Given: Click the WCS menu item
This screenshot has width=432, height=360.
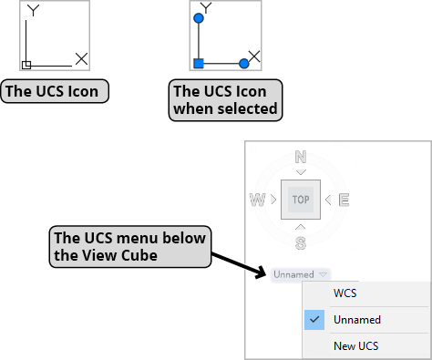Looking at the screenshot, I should pos(345,294).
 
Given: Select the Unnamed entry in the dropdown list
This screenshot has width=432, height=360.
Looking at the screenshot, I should pos(356,320).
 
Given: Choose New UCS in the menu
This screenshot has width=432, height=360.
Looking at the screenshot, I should pos(356,346).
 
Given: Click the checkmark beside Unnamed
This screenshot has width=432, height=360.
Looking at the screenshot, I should pos(314,320).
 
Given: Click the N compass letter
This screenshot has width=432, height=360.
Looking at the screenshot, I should pos(300,158).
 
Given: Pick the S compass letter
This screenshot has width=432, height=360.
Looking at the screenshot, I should pos(300,242).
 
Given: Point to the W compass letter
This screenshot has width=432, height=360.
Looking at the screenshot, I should pos(258,200).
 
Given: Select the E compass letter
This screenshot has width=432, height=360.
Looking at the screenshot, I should pos(344,200).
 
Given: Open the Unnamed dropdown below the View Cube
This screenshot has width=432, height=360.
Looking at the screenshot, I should pos(300,273).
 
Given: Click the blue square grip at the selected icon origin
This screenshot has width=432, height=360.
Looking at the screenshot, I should pos(199,64).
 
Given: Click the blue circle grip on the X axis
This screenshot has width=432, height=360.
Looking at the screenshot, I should pos(243,64).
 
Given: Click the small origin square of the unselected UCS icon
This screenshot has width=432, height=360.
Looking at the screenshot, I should pos(26,64).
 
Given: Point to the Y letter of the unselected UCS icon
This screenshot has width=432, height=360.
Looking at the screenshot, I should pos(34,11).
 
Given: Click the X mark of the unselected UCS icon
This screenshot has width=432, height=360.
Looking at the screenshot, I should pos(81,58).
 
